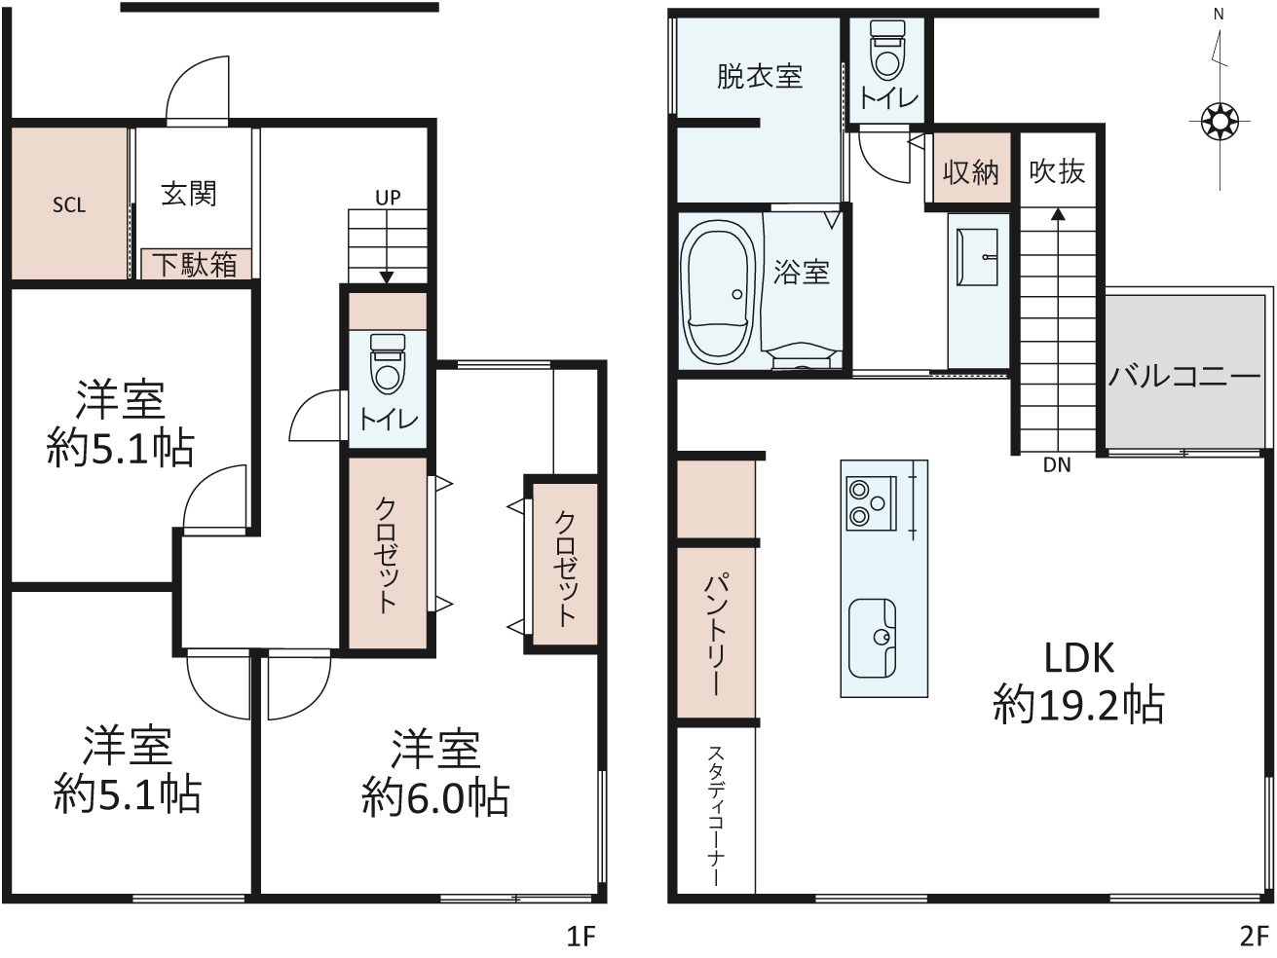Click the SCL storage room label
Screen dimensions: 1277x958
[68, 204]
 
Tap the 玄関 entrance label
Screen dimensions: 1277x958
[189, 194]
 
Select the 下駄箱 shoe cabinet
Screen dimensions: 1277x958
[196, 265]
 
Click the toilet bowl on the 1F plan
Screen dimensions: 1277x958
[388, 364]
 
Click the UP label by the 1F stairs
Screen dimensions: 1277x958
[388, 198]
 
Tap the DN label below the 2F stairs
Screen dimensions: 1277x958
[1057, 465]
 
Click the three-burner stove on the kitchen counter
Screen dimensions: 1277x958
[871, 503]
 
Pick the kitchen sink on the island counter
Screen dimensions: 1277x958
[872, 639]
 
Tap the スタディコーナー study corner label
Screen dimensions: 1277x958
[716, 816]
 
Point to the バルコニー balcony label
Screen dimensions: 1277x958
[1184, 376]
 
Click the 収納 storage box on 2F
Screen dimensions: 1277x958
[971, 168]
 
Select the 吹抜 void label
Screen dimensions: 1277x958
[1057, 171]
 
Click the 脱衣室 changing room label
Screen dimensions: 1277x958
[759, 76]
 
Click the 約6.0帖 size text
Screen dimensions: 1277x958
[435, 797]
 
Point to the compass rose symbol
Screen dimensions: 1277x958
[1220, 122]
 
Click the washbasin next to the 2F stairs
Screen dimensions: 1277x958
[977, 257]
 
